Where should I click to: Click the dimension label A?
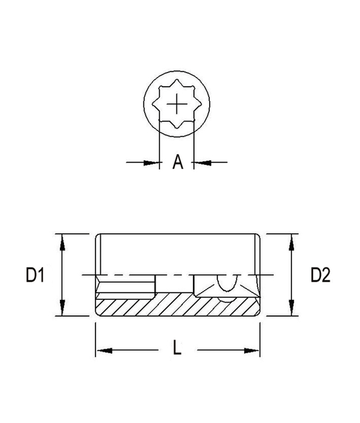pyautogui.click(x=178, y=162)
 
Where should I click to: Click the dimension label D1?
pyautogui.click(x=35, y=274)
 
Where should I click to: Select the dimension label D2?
pyautogui.click(x=320, y=275)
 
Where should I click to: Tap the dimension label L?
pyautogui.click(x=177, y=347)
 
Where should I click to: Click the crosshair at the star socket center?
pyautogui.click(x=177, y=104)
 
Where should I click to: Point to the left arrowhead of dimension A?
pyautogui.click(x=151, y=163)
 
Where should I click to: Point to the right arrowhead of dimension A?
pyautogui.click(x=203, y=163)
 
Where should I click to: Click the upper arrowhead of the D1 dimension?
pyautogui.click(x=63, y=243)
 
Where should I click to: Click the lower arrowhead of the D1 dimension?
pyautogui.click(x=63, y=307)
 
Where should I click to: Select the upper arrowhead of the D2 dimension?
pyautogui.click(x=291, y=243)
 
